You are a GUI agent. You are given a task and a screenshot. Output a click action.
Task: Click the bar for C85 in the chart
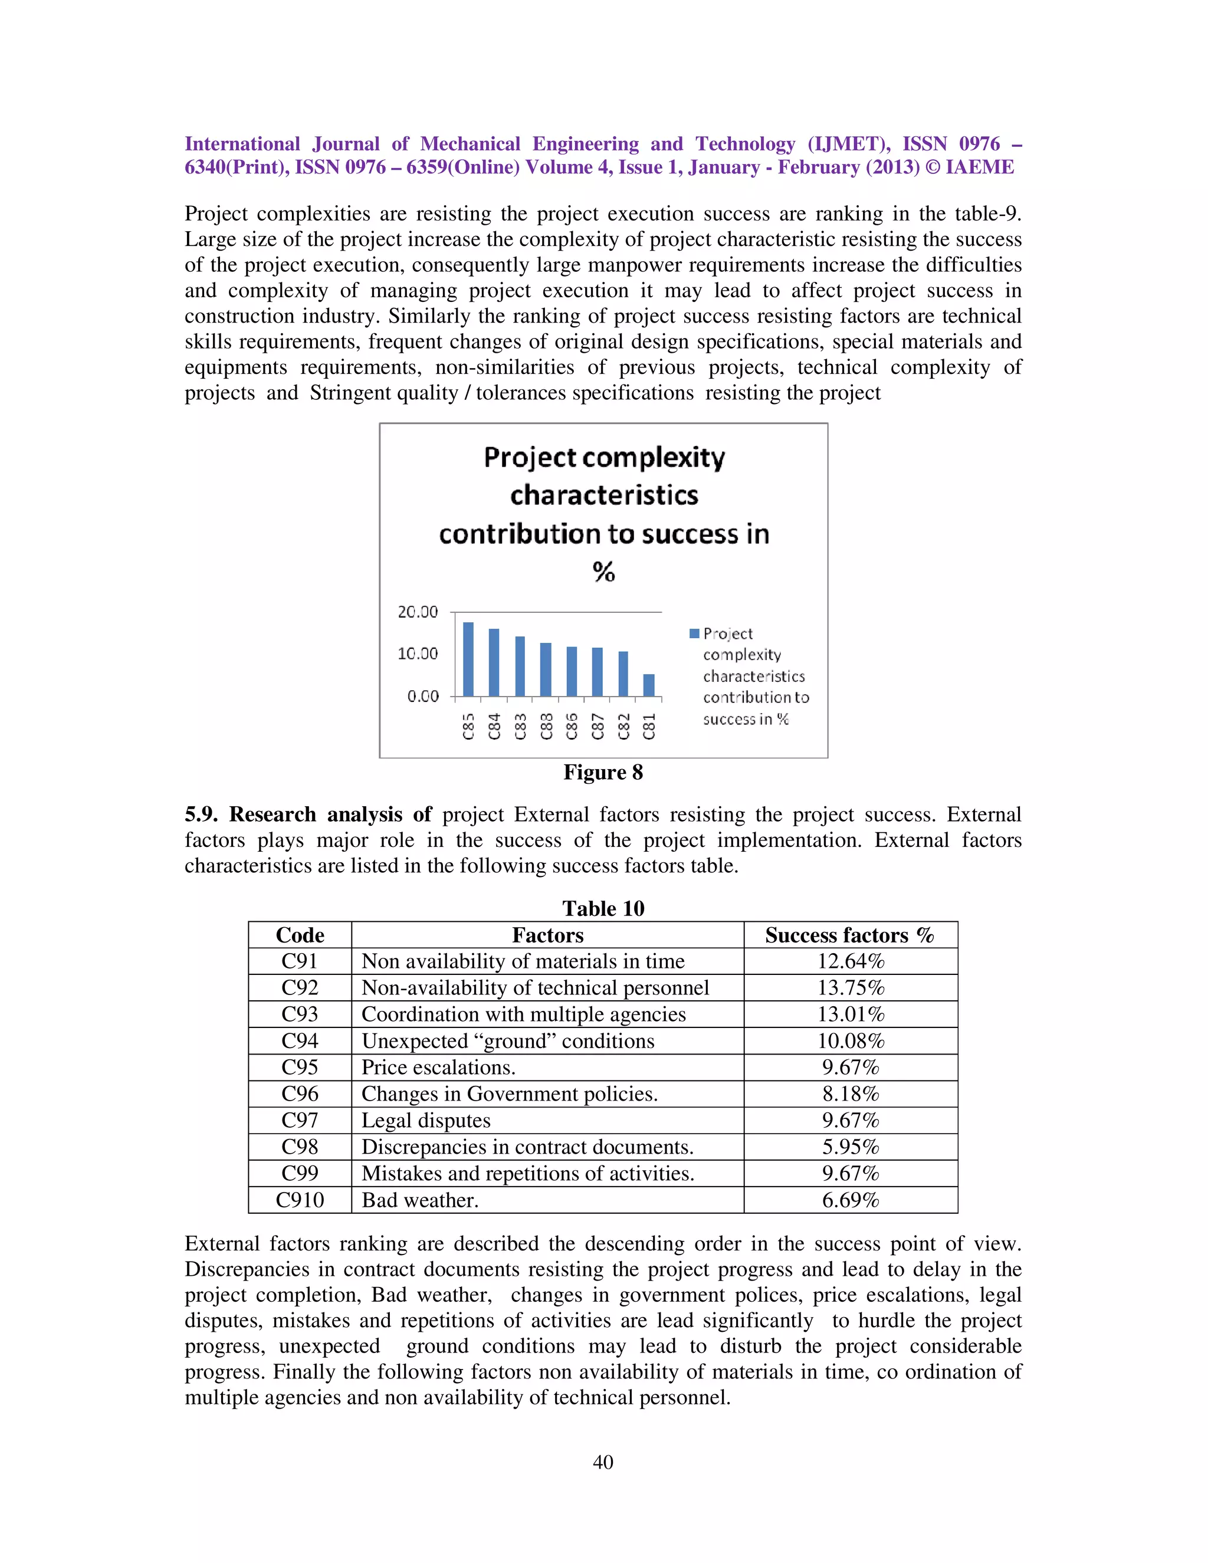468,659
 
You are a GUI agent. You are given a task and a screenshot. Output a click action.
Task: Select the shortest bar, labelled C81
648,685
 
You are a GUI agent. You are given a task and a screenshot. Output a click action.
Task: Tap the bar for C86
572,671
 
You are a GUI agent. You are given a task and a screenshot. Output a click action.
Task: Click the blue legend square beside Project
694,633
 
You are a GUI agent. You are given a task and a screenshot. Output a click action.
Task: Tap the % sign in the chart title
603,572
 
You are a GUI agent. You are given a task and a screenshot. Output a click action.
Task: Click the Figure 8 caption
603,772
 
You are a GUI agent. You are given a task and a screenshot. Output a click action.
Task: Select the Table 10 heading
603,908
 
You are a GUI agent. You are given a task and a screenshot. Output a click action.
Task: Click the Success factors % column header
849,935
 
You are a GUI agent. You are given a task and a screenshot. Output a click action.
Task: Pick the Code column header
300,935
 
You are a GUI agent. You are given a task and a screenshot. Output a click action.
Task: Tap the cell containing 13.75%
850,989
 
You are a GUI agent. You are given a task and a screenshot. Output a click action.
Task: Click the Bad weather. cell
420,1200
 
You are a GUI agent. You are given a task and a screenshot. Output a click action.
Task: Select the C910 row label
300,1200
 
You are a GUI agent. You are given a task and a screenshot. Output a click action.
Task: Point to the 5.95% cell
850,1147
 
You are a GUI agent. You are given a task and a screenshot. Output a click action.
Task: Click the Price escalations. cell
438,1068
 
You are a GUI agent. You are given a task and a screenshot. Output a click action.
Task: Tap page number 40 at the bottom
603,1462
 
